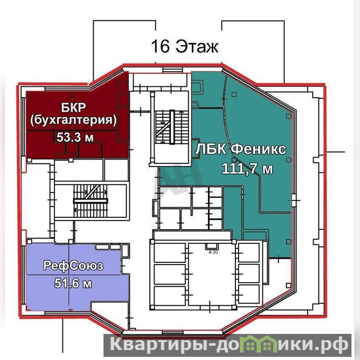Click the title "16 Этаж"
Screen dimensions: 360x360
[184, 46]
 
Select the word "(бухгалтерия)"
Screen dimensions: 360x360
[73, 120]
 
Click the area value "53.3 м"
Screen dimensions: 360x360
[75, 137]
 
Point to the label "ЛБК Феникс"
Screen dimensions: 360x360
[241, 149]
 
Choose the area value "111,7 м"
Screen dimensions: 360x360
[247, 169]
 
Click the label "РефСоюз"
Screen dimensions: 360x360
[73, 265]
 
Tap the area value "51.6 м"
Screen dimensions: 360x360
[73, 283]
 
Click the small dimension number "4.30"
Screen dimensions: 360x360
[213, 252]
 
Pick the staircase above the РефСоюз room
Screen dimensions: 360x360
[90, 201]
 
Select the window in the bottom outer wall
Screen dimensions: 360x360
[172, 332]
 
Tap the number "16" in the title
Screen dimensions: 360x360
[160, 46]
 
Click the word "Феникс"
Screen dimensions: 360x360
[258, 149]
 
